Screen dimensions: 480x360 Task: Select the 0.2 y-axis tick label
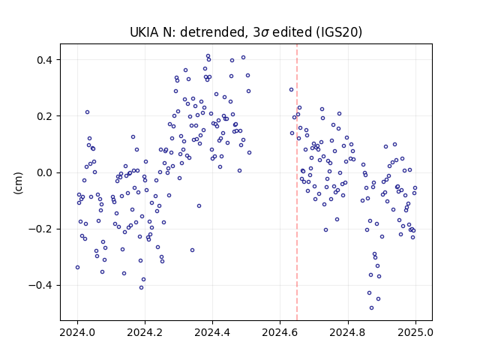click(44, 116)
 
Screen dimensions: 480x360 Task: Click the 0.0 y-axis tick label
click(44, 173)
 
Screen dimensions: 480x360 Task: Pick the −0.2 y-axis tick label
click(40, 229)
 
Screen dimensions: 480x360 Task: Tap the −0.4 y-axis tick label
click(40, 286)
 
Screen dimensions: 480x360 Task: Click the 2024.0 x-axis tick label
click(77, 332)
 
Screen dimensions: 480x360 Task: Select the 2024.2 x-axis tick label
click(145, 332)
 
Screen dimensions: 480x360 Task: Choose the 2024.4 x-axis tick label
click(212, 332)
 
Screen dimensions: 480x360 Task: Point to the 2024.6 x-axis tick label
click(280, 332)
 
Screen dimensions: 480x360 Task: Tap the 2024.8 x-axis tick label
click(348, 332)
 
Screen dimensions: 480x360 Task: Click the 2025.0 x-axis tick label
click(415, 332)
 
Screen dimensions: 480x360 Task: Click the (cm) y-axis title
click(18, 183)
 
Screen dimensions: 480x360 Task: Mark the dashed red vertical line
click(297, 182)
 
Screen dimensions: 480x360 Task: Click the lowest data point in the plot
click(372, 308)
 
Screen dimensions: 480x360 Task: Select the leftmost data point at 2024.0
click(77, 268)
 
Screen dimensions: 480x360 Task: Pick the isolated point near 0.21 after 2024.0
click(87, 112)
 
